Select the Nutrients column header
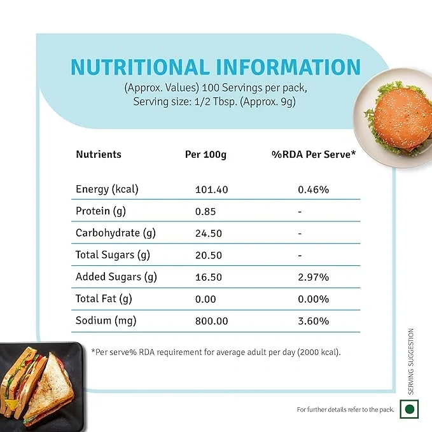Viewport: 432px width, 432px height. pos(99,154)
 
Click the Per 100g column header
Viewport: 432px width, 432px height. pos(206,154)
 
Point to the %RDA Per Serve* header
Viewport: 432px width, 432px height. pos(314,154)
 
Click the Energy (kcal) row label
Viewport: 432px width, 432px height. pos(107,189)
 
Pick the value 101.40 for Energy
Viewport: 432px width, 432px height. pos(211,190)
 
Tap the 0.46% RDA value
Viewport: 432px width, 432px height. pos(314,190)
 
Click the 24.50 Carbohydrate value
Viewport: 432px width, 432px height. pos(208,233)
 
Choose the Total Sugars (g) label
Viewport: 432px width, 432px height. pos(113,255)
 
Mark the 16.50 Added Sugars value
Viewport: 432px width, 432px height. pos(208,277)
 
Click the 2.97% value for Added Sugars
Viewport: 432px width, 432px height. pos(314,277)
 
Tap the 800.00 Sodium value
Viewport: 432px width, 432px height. pos(211,321)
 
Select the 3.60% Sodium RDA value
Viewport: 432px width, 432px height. pos(314,321)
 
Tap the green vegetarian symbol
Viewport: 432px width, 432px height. pos(410,408)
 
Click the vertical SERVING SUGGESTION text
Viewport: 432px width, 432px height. pos(412,361)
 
